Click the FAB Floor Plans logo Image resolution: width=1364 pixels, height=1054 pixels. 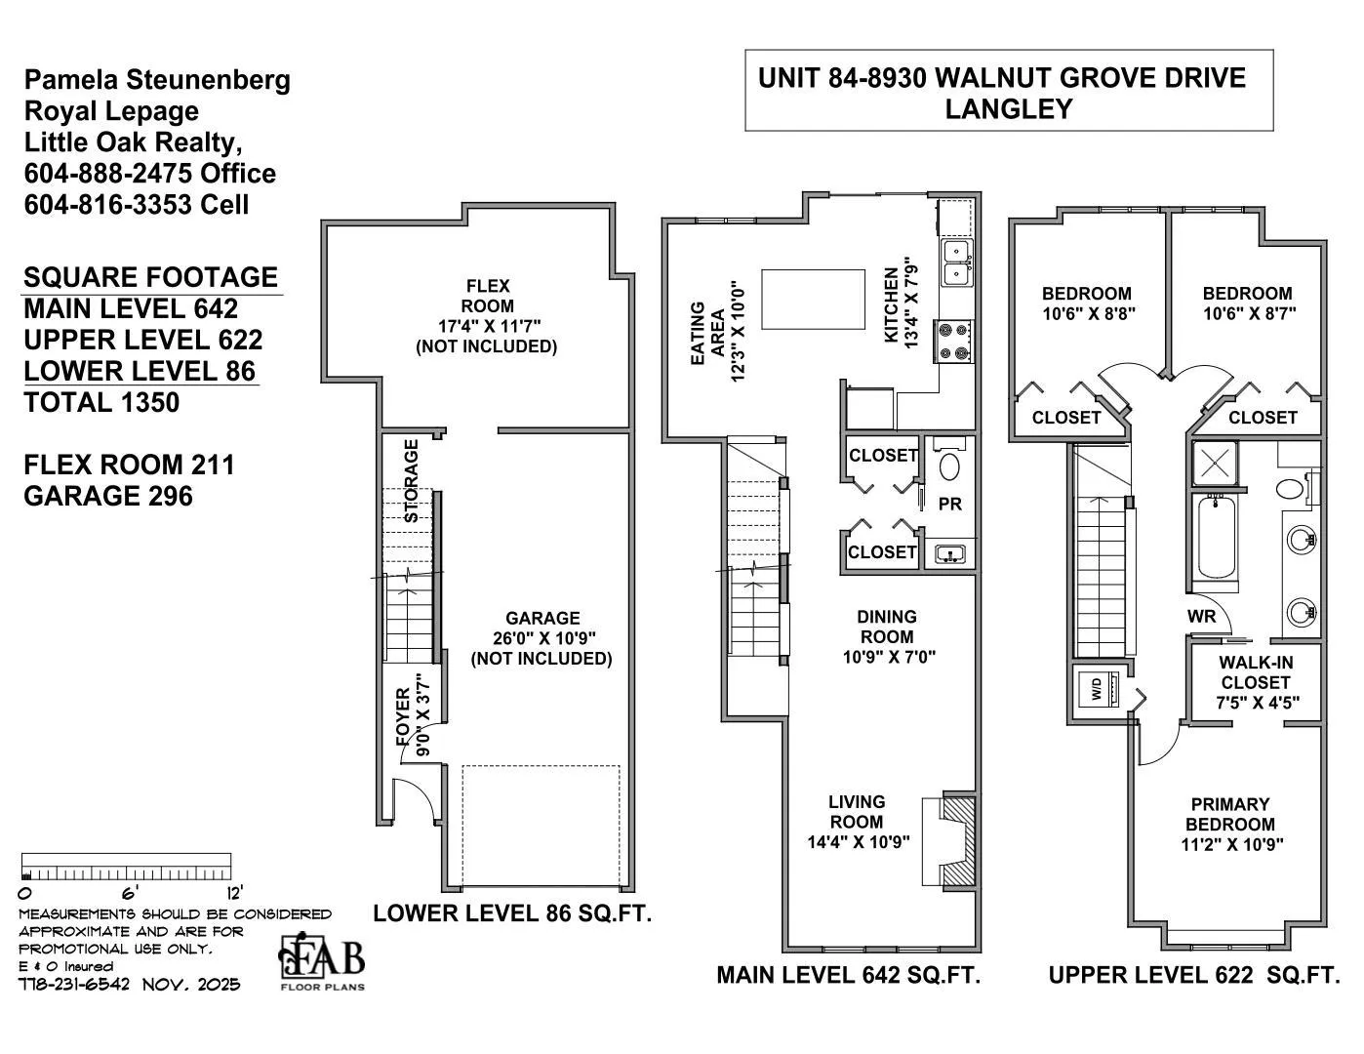[x=321, y=960]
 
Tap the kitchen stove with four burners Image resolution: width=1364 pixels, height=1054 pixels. [x=953, y=341]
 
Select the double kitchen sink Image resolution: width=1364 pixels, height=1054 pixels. [x=956, y=263]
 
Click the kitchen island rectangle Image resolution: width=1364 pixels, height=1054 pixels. [x=813, y=300]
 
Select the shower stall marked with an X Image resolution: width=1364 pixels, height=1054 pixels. [x=1216, y=464]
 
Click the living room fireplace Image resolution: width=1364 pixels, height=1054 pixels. [x=949, y=841]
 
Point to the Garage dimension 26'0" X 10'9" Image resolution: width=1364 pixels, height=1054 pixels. [x=543, y=638]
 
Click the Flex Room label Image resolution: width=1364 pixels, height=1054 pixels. [x=488, y=296]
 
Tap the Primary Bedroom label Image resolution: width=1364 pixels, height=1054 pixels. [x=1230, y=814]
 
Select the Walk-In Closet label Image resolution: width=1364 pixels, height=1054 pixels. [x=1256, y=672]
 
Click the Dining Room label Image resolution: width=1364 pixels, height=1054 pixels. [x=886, y=627]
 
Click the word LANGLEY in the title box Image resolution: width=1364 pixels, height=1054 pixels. [x=1009, y=109]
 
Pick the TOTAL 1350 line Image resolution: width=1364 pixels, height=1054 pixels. [x=101, y=402]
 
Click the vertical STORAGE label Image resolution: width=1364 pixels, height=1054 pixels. [x=411, y=481]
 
